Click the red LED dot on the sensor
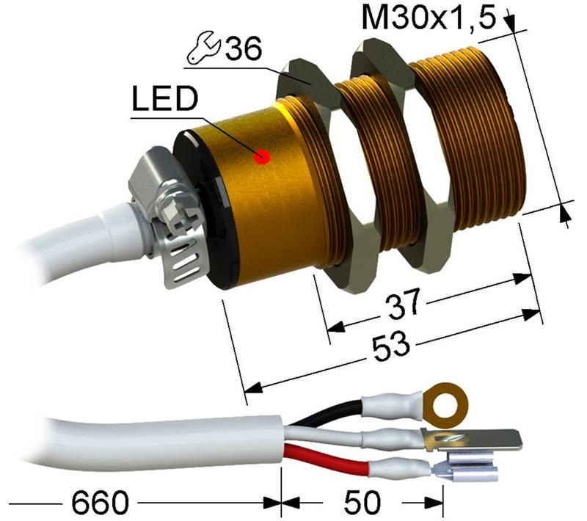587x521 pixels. (260, 156)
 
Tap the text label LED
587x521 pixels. (163, 101)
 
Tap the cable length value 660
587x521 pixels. (100, 503)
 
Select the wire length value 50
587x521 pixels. (362, 503)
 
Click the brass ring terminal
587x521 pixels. (442, 401)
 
